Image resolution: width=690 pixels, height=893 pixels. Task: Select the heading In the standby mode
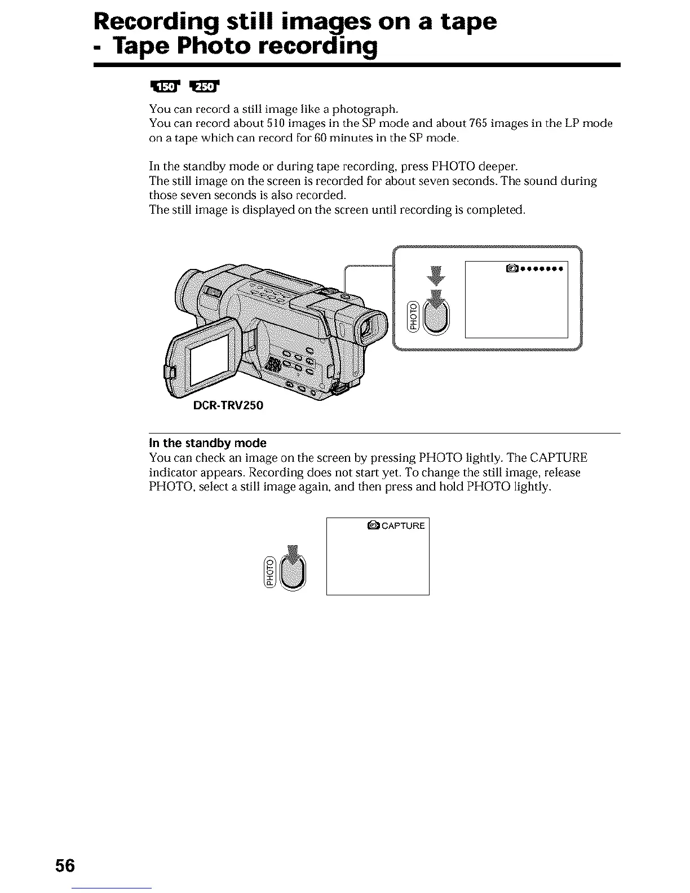(x=207, y=443)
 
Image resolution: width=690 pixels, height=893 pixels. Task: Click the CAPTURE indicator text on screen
(x=403, y=526)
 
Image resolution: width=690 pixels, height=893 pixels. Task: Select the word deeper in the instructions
(x=494, y=167)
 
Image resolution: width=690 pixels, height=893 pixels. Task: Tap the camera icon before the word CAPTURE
(x=373, y=526)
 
